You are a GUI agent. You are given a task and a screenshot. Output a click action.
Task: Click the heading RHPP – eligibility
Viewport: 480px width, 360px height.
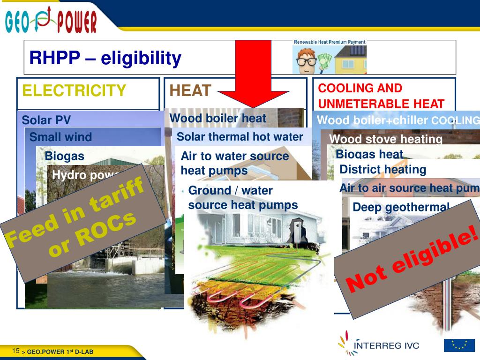(x=105, y=59)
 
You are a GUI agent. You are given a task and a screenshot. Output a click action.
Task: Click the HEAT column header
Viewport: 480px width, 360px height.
(x=190, y=90)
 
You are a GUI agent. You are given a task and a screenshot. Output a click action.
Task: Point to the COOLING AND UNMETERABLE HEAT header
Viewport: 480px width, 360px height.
(x=381, y=96)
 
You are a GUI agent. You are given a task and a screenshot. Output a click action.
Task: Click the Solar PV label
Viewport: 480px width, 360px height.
(x=46, y=120)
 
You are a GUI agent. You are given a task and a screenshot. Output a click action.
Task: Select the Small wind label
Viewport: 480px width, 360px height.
(x=60, y=137)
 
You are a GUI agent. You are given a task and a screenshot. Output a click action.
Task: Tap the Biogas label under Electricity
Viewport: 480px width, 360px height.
(x=64, y=156)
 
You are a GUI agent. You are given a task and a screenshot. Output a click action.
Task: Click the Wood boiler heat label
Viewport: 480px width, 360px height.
(x=217, y=119)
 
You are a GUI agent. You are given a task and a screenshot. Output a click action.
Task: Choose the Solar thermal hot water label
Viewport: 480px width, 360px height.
(x=240, y=137)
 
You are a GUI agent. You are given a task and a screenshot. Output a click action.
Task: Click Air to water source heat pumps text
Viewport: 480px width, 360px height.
(x=234, y=163)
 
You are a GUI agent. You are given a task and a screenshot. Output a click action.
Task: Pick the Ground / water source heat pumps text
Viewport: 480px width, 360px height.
(x=242, y=197)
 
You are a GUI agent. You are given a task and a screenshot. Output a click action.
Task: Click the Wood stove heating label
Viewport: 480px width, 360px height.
(x=386, y=139)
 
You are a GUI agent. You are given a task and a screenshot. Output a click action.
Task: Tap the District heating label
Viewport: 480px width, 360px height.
(x=382, y=169)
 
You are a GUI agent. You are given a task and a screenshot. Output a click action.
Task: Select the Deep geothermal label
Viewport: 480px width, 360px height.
(x=401, y=207)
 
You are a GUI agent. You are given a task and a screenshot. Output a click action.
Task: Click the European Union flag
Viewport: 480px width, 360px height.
(x=459, y=345)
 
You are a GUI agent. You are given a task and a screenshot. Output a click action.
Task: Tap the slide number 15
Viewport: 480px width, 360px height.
(x=16, y=351)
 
